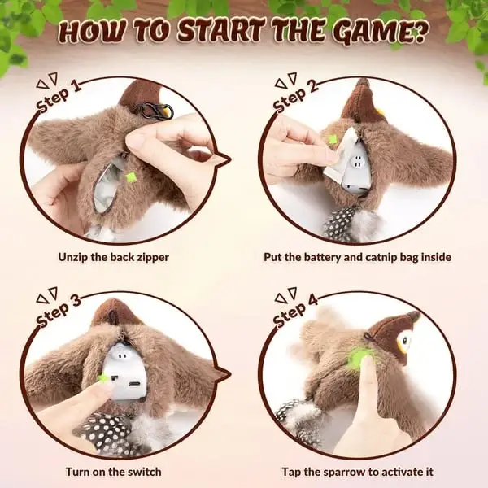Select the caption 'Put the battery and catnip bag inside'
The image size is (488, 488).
[358, 257]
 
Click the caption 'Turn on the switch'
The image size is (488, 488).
[113, 472]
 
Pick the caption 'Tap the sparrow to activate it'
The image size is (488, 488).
[358, 472]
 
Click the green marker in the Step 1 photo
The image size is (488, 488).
[131, 176]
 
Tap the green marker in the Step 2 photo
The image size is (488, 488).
[332, 140]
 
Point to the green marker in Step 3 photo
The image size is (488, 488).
[103, 377]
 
